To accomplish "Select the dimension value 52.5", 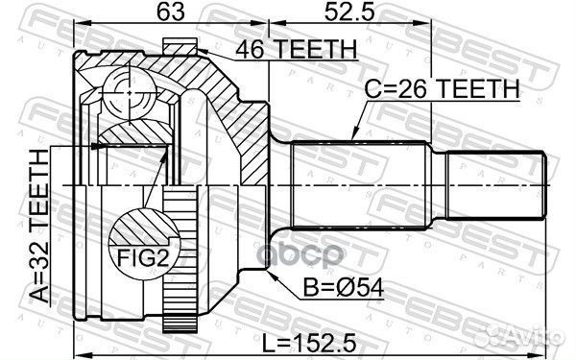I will [x=327, y=13].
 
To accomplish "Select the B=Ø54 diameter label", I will [x=332, y=285].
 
